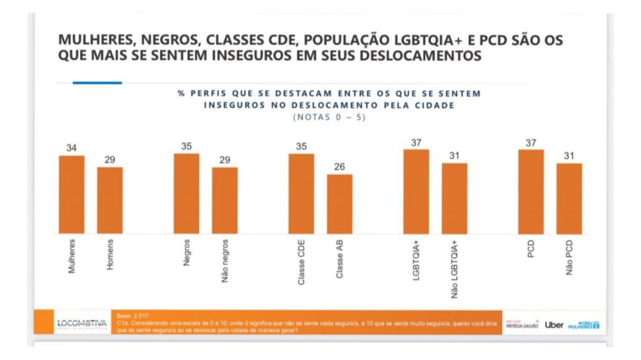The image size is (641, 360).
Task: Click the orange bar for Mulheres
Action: (71, 195)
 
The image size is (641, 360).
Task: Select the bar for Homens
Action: (110, 200)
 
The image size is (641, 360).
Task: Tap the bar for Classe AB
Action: (339, 204)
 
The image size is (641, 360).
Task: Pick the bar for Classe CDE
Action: (301, 193)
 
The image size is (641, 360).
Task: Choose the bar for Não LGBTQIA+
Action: (454, 198)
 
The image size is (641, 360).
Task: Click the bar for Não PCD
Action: (569, 198)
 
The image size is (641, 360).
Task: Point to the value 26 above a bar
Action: (339, 167)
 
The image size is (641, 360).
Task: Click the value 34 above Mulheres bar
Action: (71, 148)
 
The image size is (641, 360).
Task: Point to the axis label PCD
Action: (531, 250)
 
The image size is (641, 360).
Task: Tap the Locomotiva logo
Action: (81, 324)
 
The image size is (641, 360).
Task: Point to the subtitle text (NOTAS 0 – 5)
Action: (329, 117)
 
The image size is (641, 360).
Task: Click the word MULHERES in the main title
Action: (95, 40)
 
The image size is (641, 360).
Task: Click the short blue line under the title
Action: (97, 83)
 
